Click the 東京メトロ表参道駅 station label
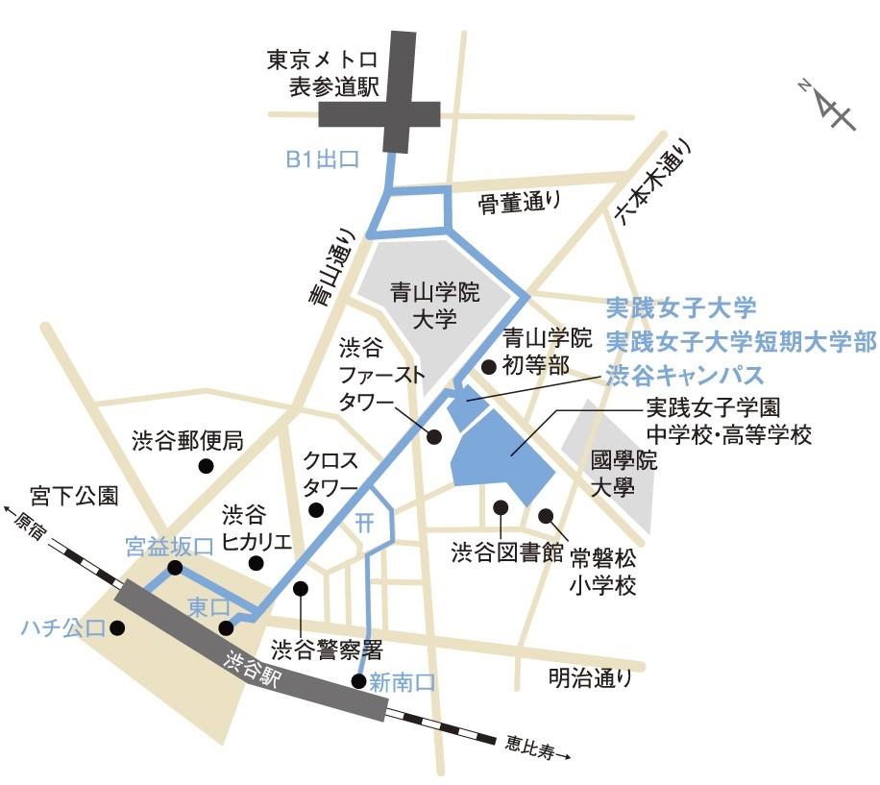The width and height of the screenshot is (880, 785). click(x=325, y=74)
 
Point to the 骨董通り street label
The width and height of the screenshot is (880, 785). click(x=519, y=202)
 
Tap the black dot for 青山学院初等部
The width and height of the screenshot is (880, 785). click(x=489, y=366)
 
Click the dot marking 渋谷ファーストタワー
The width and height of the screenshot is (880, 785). click(x=433, y=436)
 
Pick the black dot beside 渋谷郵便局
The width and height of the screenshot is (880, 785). click(x=206, y=467)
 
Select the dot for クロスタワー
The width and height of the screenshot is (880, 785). click(x=316, y=511)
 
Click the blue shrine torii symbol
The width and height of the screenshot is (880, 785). click(x=363, y=522)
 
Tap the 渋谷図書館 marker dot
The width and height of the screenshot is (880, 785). click(x=500, y=506)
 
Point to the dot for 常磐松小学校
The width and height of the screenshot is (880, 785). click(x=546, y=516)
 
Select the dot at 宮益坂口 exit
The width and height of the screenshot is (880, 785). click(x=175, y=568)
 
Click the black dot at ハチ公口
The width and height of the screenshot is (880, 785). click(x=117, y=628)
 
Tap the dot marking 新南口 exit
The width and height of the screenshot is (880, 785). click(x=358, y=681)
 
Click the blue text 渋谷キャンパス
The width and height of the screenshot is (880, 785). click(x=684, y=373)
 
